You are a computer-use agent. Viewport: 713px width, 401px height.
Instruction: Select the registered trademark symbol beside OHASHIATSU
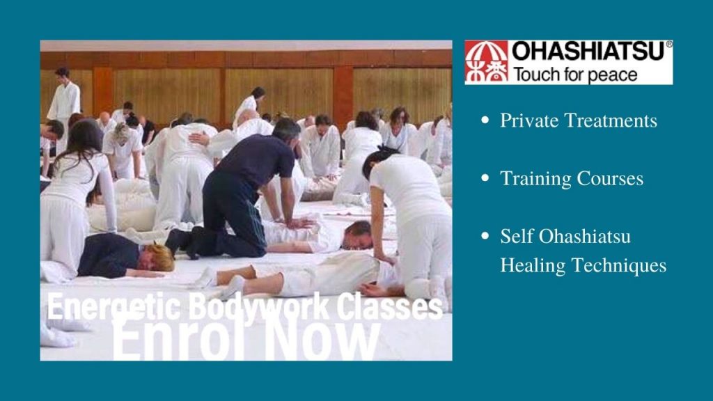(x=669, y=45)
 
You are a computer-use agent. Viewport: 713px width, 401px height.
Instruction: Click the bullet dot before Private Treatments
(x=485, y=120)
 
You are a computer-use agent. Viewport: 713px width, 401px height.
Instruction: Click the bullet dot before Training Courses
(x=485, y=178)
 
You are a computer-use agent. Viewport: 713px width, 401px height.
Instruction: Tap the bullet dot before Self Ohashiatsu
(x=485, y=236)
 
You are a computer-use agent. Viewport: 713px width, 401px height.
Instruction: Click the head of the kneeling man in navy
(x=285, y=130)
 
